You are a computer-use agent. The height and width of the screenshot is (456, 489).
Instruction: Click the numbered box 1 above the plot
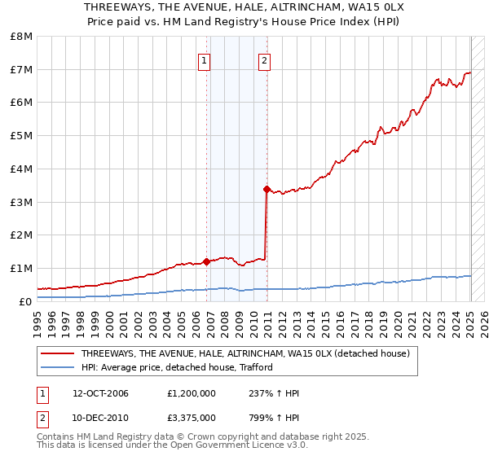(204, 60)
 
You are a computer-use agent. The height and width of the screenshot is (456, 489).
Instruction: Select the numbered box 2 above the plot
(265, 60)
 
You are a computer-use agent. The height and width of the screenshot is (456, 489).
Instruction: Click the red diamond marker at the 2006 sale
(207, 261)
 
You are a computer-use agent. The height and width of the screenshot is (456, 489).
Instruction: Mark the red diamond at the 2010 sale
(267, 189)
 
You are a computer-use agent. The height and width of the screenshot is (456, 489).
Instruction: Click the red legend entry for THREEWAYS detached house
(244, 354)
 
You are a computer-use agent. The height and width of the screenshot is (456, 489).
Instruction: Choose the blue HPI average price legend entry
(176, 367)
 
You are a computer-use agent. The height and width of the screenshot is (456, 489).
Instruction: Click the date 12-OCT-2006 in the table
(101, 394)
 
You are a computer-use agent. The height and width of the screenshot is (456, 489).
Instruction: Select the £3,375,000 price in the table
(191, 418)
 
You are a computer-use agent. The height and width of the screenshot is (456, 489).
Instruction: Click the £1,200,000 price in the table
(191, 394)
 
